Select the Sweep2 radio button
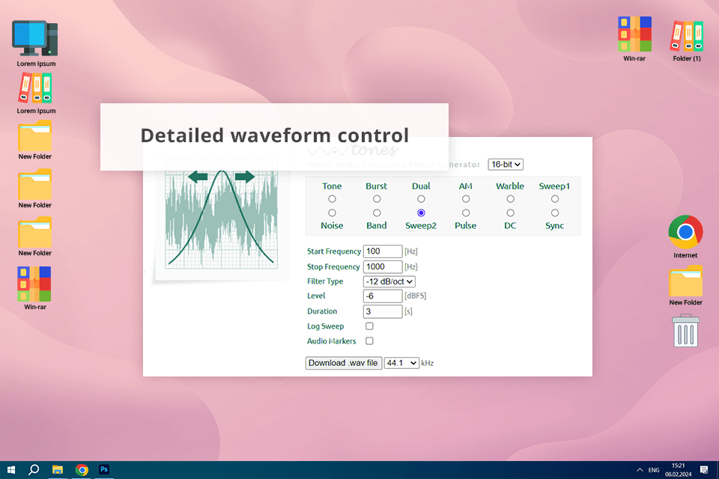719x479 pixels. coord(421,213)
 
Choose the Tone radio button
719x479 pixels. coord(332,199)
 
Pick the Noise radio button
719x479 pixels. coord(332,213)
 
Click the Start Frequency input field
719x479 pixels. coord(382,251)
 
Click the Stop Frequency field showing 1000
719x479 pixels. coord(382,266)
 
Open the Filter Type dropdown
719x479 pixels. coord(389,281)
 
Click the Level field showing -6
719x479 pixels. coord(382,296)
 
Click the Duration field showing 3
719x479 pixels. coord(382,311)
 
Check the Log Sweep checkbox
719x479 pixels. coord(369,326)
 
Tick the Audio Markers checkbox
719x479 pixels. coord(369,341)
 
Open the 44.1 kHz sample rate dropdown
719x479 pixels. coord(401,363)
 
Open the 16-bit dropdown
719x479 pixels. coord(505,165)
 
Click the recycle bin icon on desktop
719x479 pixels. coord(685,331)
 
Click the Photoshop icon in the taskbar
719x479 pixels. coord(105,469)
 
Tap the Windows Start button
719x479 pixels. coord(10,469)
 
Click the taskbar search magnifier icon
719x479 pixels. coord(34,469)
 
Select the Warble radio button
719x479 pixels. coord(510,199)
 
